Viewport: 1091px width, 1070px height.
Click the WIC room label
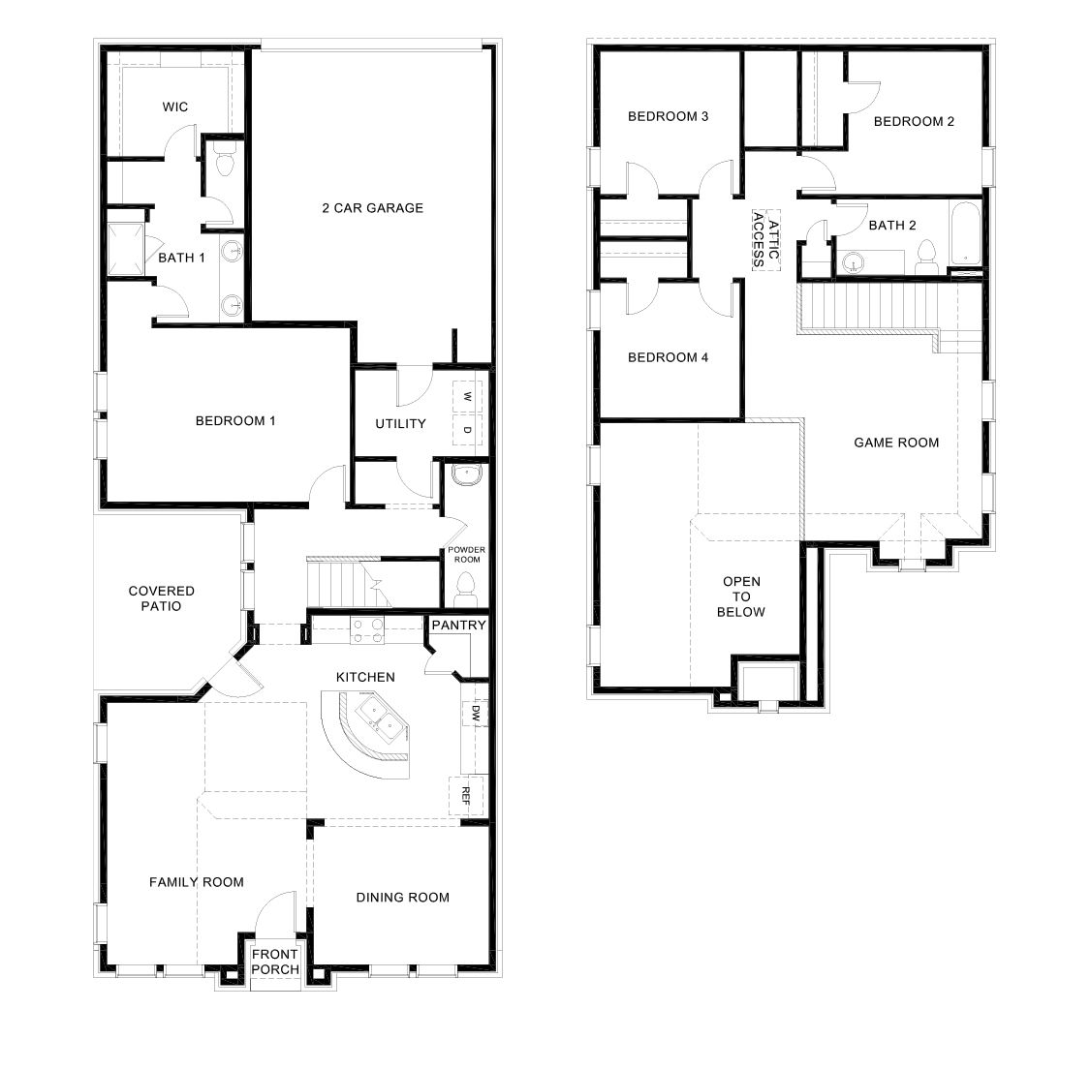click(175, 107)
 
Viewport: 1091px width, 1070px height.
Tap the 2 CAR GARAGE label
click(372, 207)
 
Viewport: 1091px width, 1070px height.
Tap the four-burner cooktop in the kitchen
click(365, 630)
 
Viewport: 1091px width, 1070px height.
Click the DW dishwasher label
click(475, 713)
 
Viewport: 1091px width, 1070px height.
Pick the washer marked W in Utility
click(466, 397)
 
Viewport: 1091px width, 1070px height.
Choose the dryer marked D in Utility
click(466, 430)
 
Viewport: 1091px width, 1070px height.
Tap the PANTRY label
click(458, 626)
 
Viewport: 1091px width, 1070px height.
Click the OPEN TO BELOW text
click(742, 596)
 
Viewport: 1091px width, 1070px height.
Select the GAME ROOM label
click(895, 443)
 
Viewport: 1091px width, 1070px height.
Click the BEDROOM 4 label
click(668, 357)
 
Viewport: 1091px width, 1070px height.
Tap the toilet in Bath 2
click(925, 255)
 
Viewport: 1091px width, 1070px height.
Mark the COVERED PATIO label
click(161, 598)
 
